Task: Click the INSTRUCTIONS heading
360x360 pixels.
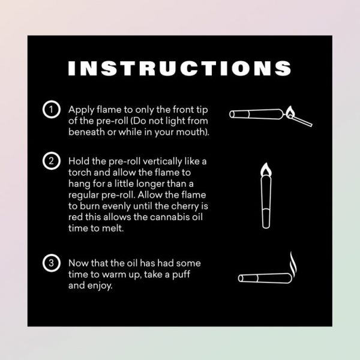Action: (179, 68)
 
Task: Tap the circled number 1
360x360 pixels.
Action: (52, 109)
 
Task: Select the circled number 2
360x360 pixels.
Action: (52, 161)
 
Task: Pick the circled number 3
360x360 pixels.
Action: (52, 263)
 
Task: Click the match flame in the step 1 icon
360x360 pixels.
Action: (290, 111)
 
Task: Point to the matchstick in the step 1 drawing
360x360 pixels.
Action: (301, 121)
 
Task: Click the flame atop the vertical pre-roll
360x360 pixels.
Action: (266, 170)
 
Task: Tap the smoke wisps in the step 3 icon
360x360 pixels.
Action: (293, 264)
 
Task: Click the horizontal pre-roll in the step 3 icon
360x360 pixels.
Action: (265, 278)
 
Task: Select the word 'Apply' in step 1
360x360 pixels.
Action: (81, 110)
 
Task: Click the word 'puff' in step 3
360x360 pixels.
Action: (181, 275)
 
